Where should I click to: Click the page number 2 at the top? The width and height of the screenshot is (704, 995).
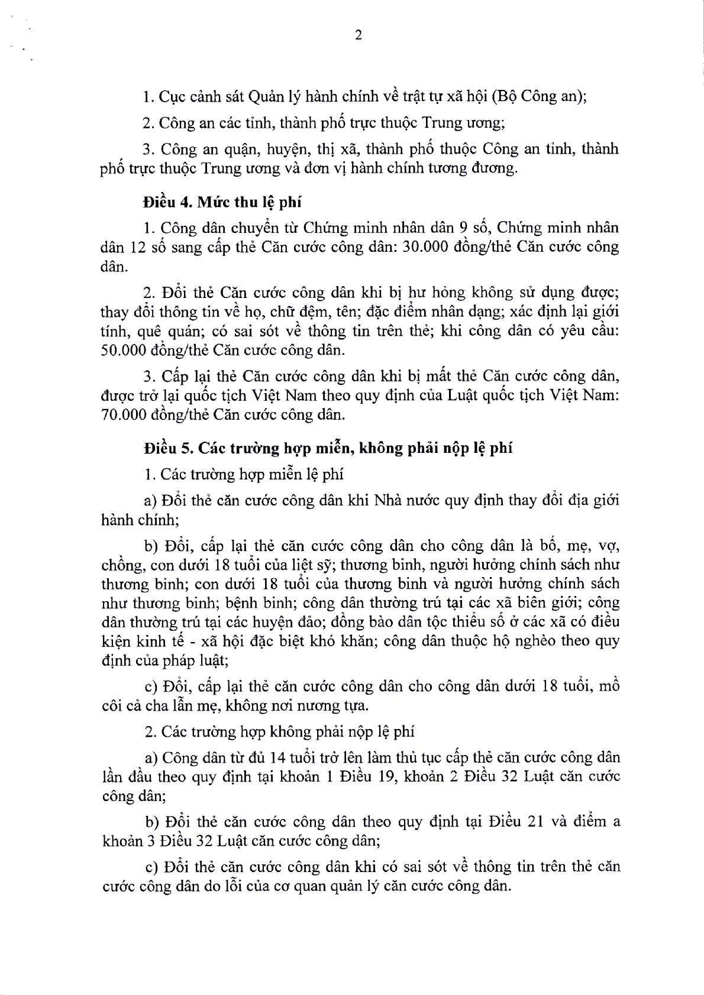tap(358, 35)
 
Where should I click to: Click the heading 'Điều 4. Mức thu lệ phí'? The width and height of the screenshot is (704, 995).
tap(222, 202)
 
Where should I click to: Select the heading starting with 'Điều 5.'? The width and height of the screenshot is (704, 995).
tap(328, 448)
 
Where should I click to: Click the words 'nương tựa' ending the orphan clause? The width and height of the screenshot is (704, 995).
tap(340, 706)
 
